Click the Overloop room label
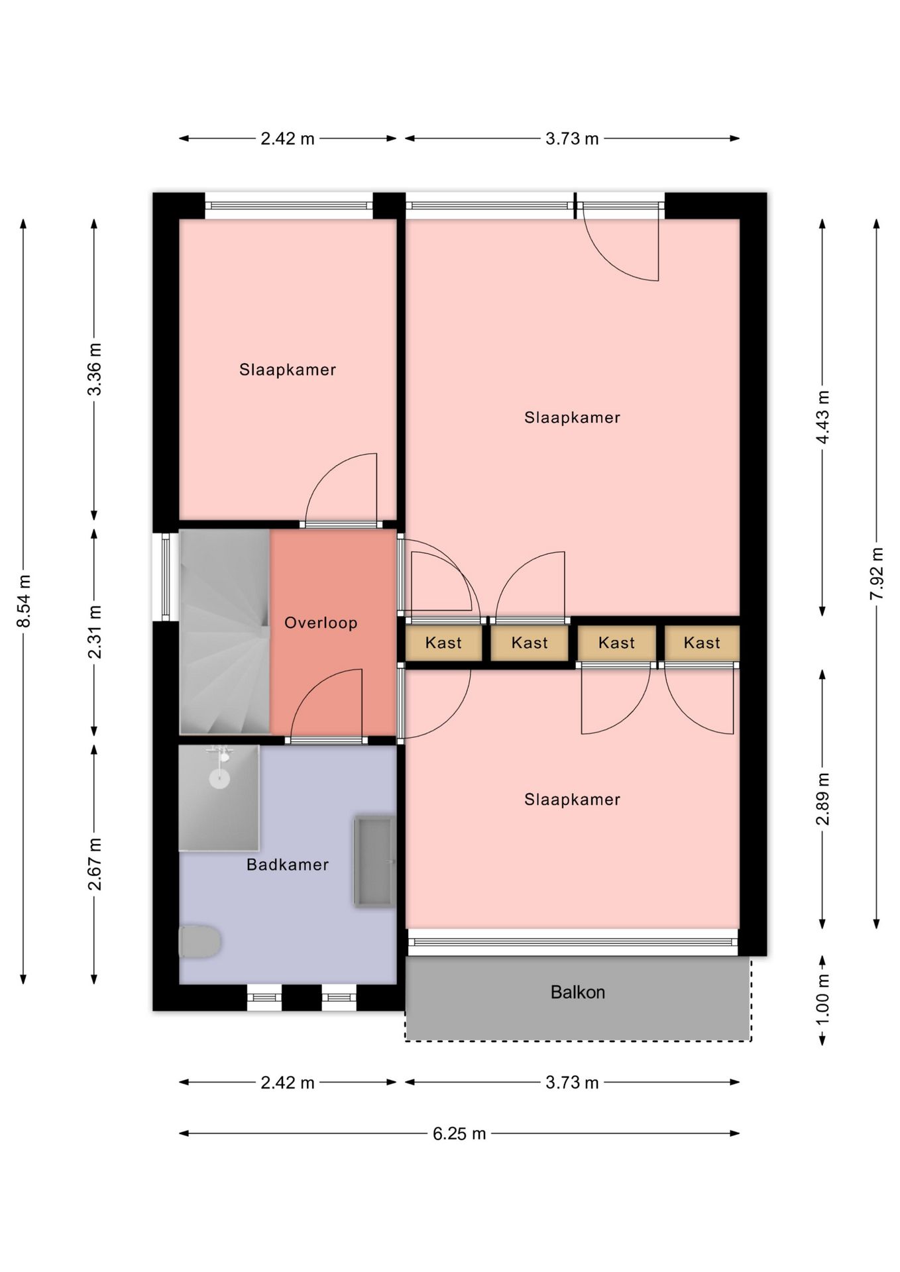tap(321, 623)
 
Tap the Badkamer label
tap(288, 865)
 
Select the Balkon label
tap(578, 992)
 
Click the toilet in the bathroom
tap(199, 941)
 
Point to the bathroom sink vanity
tap(375, 861)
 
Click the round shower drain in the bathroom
tap(219, 778)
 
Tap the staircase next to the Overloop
tap(225, 631)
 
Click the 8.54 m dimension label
tap(24, 601)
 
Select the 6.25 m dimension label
tap(459, 1134)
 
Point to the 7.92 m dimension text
tap(877, 574)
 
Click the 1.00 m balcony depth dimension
tap(822, 999)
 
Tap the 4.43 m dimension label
tap(822, 417)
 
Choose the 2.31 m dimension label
tap(95, 632)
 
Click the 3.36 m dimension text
tap(95, 369)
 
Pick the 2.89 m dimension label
tap(822, 799)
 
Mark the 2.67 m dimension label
tap(95, 865)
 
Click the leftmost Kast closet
tap(443, 643)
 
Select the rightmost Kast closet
tap(702, 643)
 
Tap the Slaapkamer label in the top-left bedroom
tap(288, 370)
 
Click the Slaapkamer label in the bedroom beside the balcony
tap(573, 800)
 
